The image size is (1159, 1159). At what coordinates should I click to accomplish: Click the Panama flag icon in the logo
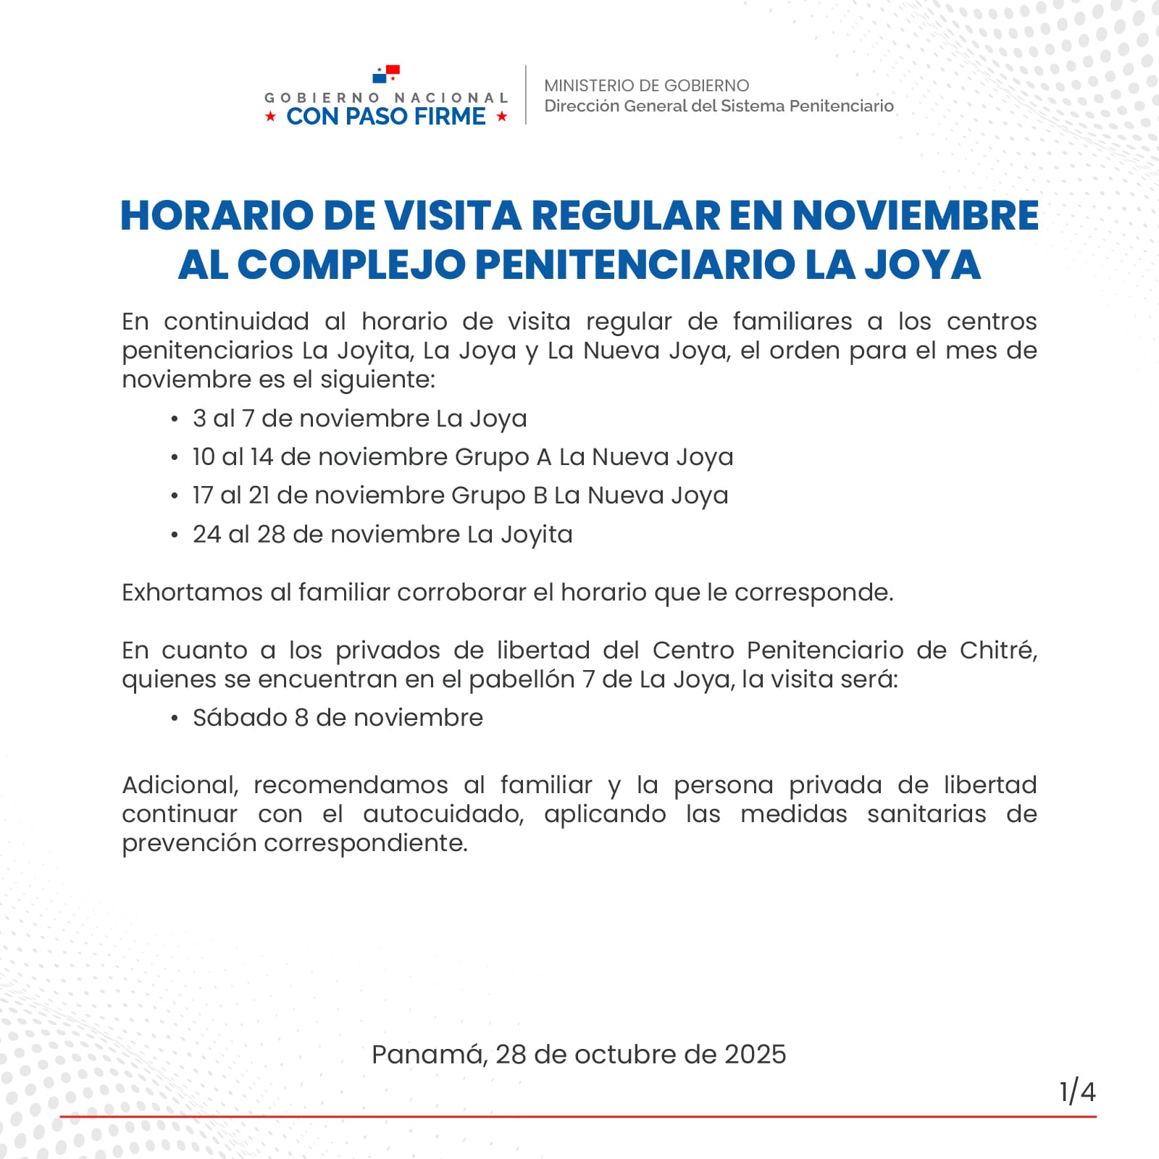386,74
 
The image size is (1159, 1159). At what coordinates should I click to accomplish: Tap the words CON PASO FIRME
386,117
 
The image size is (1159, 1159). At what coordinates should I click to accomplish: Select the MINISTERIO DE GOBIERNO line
646,85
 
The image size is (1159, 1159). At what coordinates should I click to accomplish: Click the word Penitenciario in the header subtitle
841,106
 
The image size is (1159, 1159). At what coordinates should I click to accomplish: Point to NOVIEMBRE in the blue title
916,215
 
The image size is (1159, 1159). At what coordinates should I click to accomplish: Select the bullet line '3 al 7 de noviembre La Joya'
359,419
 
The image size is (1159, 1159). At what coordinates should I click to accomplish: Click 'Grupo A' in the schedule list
503,457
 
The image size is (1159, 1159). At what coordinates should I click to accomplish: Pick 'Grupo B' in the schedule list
499,495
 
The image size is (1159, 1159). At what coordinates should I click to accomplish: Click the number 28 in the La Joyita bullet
271,535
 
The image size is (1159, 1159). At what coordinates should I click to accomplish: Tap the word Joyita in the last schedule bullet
537,535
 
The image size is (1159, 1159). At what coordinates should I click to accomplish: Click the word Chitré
998,650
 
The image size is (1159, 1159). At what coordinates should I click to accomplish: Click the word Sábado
240,718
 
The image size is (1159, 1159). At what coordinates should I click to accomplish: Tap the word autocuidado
443,814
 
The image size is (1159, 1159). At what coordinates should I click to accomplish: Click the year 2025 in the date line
755,1055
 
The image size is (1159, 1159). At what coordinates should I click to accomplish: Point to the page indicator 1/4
1077,1091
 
